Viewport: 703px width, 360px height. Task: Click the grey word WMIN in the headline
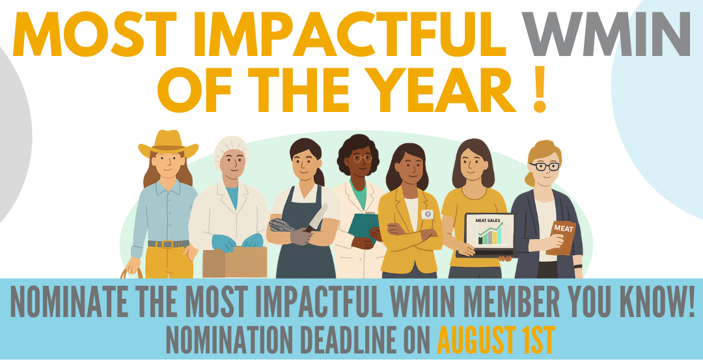[x=607, y=33]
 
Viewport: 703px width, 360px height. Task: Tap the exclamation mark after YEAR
[x=540, y=89]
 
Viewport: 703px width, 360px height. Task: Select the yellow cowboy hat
[x=168, y=143]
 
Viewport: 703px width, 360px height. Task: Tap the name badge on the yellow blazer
[x=427, y=215]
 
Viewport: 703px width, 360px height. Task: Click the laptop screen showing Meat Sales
[x=489, y=231]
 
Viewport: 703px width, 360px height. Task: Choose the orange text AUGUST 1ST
[x=496, y=340]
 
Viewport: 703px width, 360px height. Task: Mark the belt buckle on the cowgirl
[x=168, y=244]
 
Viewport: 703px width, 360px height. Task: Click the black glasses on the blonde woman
[x=544, y=166]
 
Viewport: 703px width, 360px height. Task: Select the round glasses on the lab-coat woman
[x=363, y=158]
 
